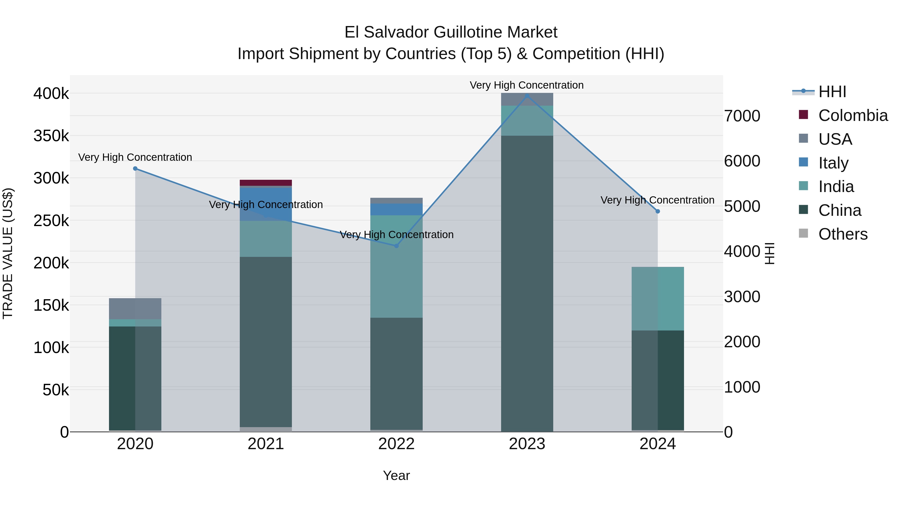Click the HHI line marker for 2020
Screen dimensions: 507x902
[x=135, y=169]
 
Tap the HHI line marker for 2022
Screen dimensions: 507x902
[x=396, y=246]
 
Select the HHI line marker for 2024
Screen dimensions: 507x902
[x=658, y=211]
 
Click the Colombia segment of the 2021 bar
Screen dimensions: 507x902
[x=266, y=183]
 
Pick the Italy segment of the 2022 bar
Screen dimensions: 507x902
[x=396, y=209]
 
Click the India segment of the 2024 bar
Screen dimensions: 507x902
[x=658, y=298]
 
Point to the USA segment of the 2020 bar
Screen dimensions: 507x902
[x=135, y=309]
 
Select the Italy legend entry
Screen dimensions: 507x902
[x=833, y=163]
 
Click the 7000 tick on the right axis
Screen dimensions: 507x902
[x=742, y=116]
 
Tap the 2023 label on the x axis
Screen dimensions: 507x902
[x=527, y=444]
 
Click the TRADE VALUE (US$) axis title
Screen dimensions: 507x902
[x=8, y=253]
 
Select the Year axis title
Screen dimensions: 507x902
[x=396, y=475]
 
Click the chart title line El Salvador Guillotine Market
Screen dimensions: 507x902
[x=451, y=32]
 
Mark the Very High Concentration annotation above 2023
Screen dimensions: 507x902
[x=527, y=85]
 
